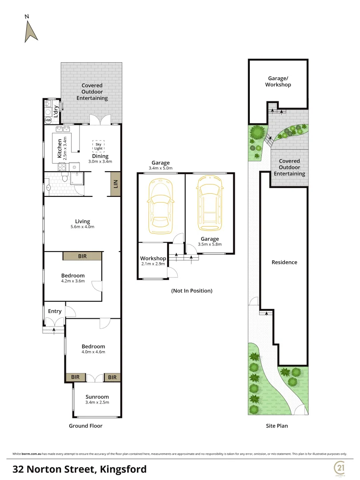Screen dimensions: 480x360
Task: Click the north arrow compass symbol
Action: pyautogui.click(x=30, y=31)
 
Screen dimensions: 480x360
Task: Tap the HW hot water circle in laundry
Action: pyautogui.click(x=48, y=120)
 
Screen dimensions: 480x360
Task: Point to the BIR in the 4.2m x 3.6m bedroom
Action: pyautogui.click(x=82, y=256)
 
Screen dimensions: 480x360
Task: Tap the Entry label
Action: pyautogui.click(x=55, y=311)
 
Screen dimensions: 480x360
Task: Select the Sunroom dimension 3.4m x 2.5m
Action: pyautogui.click(x=96, y=402)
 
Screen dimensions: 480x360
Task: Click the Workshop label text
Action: pyautogui.click(x=153, y=258)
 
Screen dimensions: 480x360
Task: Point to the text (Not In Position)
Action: pyautogui.click(x=192, y=291)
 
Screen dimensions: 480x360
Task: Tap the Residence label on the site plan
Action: pyautogui.click(x=284, y=262)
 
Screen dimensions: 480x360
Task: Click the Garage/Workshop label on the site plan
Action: pyautogui.click(x=278, y=81)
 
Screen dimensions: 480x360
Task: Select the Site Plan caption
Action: pyautogui.click(x=277, y=426)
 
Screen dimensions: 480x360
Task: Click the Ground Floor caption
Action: pyautogui.click(x=85, y=426)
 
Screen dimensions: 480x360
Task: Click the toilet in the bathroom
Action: pyautogui.click(x=65, y=179)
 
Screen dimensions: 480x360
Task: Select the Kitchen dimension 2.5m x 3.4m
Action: pyautogui.click(x=65, y=148)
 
